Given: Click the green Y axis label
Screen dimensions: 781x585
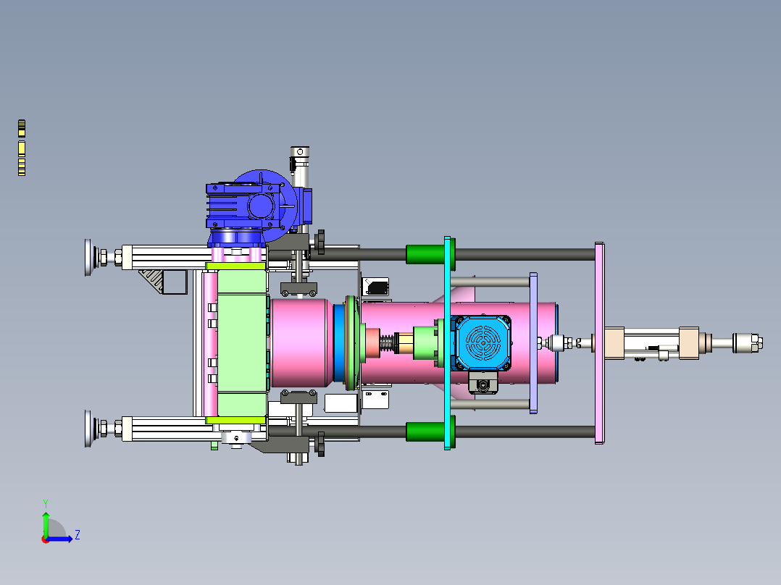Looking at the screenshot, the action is click(46, 503).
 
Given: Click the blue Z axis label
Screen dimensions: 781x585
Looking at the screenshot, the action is click(78, 535).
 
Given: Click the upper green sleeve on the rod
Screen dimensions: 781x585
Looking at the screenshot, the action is click(425, 254).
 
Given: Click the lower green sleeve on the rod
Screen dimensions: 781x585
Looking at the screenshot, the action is click(425, 432).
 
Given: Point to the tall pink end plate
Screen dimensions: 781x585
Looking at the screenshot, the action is click(599, 343).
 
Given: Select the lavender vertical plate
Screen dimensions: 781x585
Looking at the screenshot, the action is click(533, 343).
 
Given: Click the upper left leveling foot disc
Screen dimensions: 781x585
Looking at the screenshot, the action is click(88, 258).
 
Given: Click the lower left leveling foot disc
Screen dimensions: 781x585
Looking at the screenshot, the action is click(88, 429).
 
